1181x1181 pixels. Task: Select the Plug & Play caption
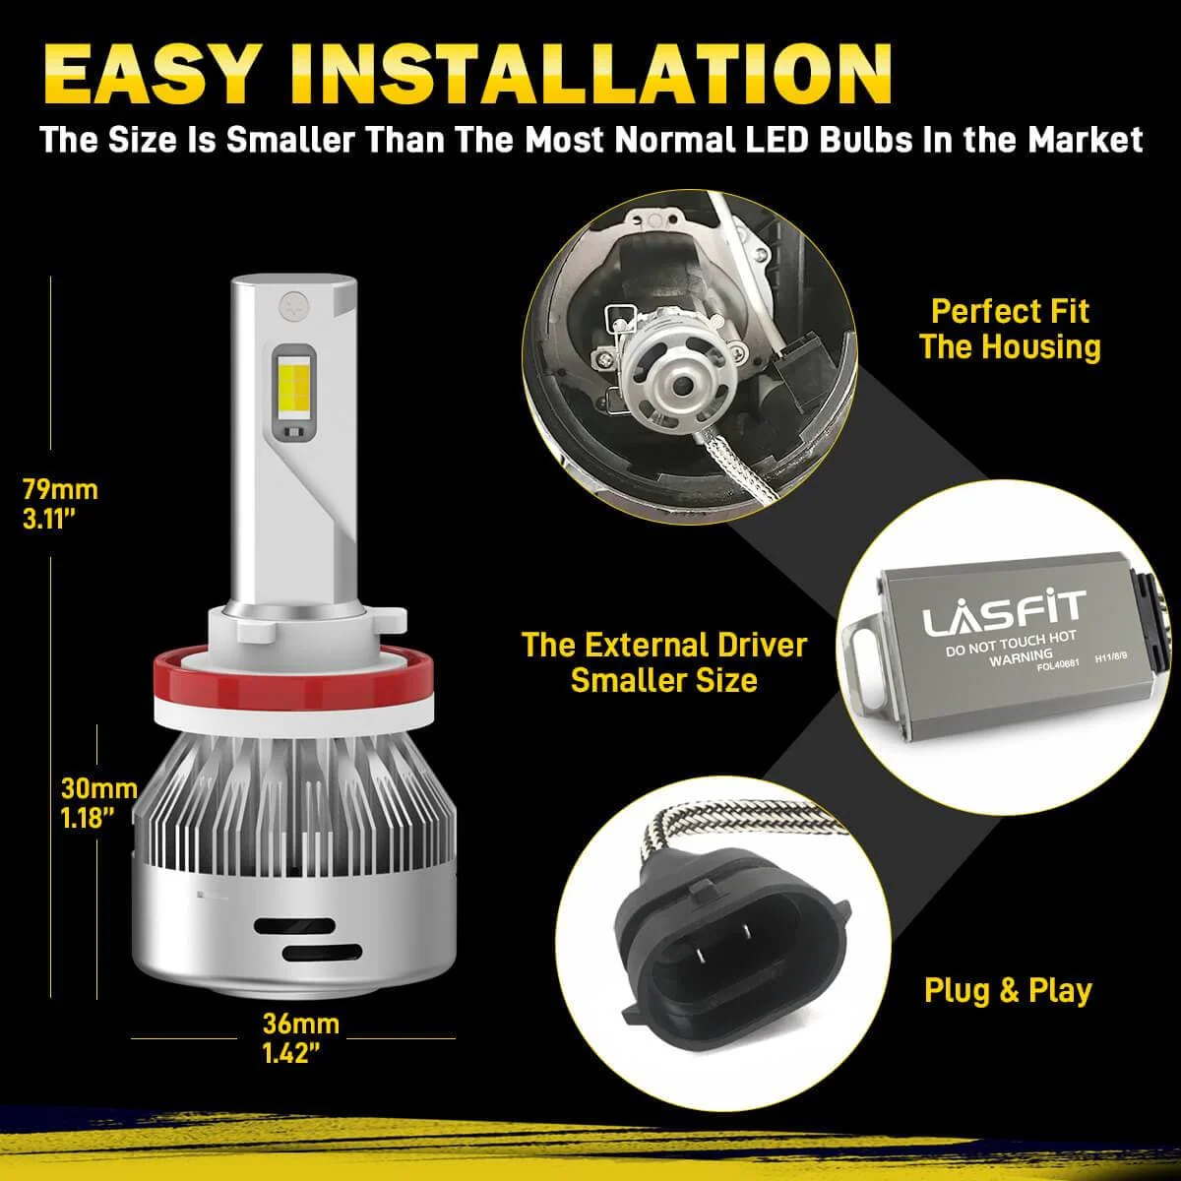click(1007, 990)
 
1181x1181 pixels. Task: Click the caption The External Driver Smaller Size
click(663, 662)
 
